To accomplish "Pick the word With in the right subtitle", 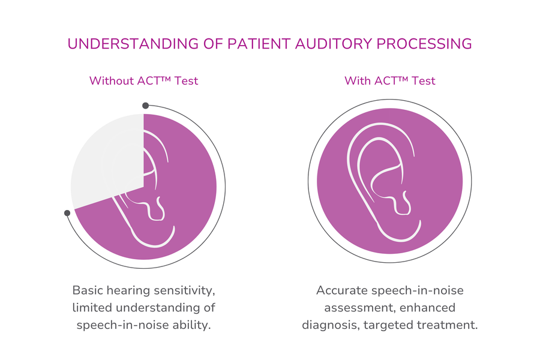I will [x=357, y=80].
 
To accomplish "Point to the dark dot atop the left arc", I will [x=145, y=106].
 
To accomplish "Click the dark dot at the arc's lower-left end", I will [x=67, y=212].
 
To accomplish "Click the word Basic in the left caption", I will [x=88, y=290].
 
